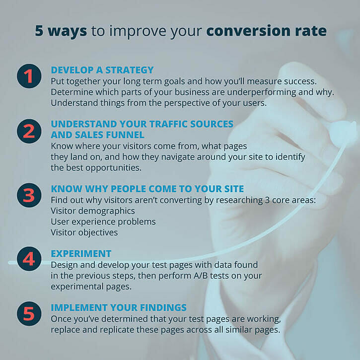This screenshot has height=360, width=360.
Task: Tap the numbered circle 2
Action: (29, 131)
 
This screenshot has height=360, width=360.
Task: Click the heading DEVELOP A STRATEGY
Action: (102, 70)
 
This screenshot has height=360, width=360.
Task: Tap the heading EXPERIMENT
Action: (81, 254)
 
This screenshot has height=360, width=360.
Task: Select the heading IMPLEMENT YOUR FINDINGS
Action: (119, 307)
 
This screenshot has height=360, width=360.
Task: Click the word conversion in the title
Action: (252, 31)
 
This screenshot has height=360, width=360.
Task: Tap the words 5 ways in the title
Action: (61, 31)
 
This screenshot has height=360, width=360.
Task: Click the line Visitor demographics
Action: (92, 211)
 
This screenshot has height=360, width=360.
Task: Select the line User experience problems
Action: (103, 221)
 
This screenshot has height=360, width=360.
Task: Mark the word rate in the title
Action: (311, 31)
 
